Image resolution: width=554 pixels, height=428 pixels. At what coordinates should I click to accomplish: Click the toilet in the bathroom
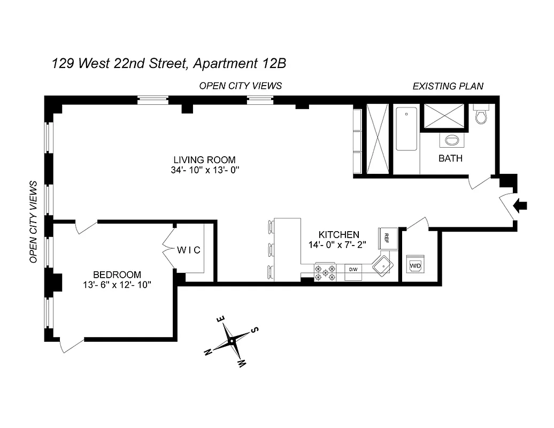pyautogui.click(x=481, y=114)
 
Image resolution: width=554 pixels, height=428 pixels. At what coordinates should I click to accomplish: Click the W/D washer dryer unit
pyautogui.click(x=414, y=265)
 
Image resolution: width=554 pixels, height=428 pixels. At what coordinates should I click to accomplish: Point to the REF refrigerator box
pyautogui.click(x=387, y=239)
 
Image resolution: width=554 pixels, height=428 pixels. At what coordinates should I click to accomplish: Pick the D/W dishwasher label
pyautogui.click(x=353, y=269)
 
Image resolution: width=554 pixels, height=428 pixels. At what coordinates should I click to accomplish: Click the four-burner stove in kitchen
pyautogui.click(x=325, y=271)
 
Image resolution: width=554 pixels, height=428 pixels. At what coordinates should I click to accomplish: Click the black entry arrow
pyautogui.click(x=520, y=205)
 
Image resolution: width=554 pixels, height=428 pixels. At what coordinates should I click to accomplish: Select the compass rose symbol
pyautogui.click(x=232, y=340)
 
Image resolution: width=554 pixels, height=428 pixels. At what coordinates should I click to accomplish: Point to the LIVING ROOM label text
pyautogui.click(x=204, y=160)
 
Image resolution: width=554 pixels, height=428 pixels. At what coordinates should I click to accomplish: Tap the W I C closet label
pyautogui.click(x=189, y=250)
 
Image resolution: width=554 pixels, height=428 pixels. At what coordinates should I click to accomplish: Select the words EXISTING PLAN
pyautogui.click(x=448, y=86)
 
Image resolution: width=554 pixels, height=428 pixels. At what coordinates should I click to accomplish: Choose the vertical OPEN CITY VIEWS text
pyautogui.click(x=33, y=221)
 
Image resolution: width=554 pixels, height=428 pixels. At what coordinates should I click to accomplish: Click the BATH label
pyautogui.click(x=450, y=158)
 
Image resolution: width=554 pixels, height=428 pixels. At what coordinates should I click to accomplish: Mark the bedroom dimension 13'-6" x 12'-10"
pyautogui.click(x=117, y=285)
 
